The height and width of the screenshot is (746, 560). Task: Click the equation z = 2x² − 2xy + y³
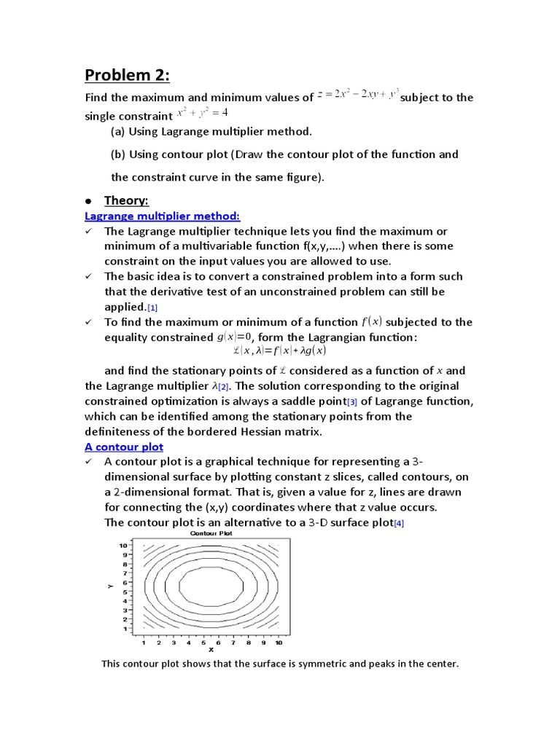pyautogui.click(x=357, y=96)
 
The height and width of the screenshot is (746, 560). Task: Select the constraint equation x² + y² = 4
pyautogui.click(x=203, y=114)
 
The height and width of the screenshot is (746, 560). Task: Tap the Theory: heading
pyautogui.click(x=126, y=200)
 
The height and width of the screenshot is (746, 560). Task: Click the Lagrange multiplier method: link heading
pyautogui.click(x=162, y=216)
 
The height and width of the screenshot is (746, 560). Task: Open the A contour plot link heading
pyautogui.click(x=124, y=447)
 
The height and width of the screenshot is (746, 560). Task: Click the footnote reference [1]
pyautogui.click(x=152, y=307)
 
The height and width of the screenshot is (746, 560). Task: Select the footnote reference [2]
pyautogui.click(x=223, y=386)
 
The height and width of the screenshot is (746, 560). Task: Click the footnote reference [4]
pyautogui.click(x=399, y=524)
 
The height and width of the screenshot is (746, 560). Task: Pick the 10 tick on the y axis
pyautogui.click(x=125, y=545)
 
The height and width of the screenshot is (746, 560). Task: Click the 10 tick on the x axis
pyautogui.click(x=278, y=643)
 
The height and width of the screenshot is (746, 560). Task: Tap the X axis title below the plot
pyautogui.click(x=211, y=651)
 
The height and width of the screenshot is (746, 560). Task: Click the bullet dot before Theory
pyautogui.click(x=87, y=201)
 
